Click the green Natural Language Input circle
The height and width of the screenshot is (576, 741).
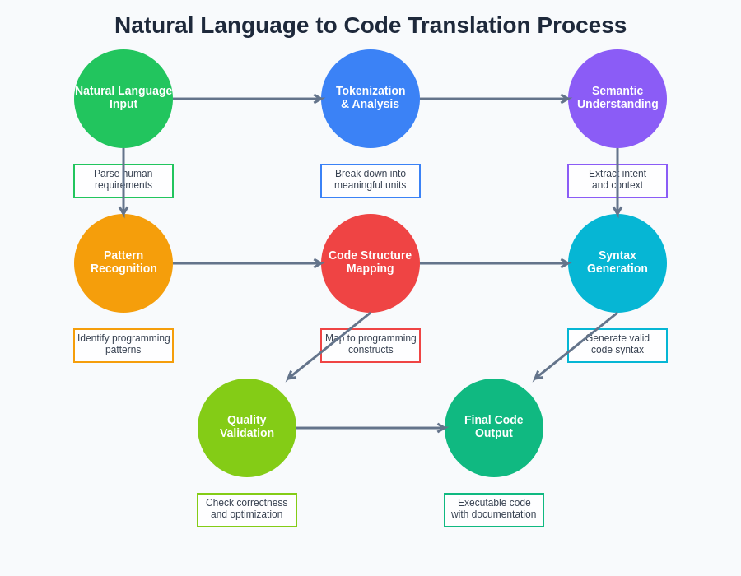[123, 99]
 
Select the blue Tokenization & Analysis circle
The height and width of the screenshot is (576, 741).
[370, 99]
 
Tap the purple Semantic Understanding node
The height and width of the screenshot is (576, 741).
[617, 99]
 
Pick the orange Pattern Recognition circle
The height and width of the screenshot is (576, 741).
[123, 263]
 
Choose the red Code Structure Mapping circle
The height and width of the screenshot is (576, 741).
[370, 263]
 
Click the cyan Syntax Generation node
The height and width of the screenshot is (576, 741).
[617, 263]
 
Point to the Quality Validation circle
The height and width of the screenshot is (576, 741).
[247, 428]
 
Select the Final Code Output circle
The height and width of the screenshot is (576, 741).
[494, 428]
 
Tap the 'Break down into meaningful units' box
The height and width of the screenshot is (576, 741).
[370, 181]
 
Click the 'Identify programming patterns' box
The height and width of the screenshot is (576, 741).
[123, 346]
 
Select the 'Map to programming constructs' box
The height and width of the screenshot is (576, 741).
[370, 346]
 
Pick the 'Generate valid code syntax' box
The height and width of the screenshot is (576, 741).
[617, 346]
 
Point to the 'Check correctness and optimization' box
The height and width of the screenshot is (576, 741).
[247, 510]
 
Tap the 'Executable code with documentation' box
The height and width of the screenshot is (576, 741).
[494, 510]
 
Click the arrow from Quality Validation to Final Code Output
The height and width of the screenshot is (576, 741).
[370, 428]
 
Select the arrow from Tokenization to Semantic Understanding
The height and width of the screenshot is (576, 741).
[494, 99]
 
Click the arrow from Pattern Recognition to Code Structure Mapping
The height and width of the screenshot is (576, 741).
[247, 263]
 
